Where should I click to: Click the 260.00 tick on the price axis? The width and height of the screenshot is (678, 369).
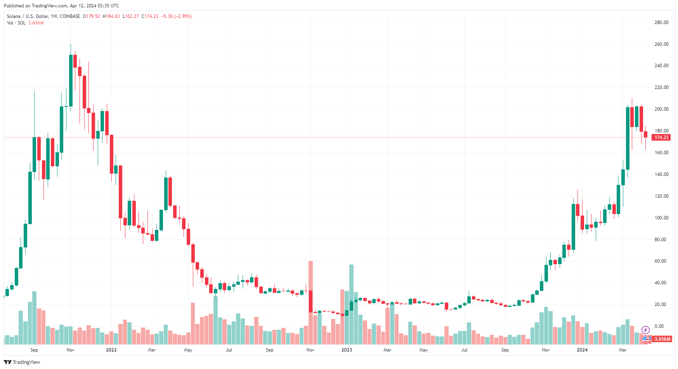click(661, 44)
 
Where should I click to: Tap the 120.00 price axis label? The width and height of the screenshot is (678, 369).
click(661, 196)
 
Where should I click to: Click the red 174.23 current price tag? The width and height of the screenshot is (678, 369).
click(661, 138)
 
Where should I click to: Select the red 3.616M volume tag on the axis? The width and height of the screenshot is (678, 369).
click(662, 339)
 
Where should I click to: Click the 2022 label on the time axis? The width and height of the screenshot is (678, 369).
click(111, 350)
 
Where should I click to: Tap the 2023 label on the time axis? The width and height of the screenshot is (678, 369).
click(347, 350)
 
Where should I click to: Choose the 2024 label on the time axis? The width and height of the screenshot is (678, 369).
click(582, 350)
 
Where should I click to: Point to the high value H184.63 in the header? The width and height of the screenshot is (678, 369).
click(111, 16)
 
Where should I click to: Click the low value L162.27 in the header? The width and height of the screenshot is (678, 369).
click(130, 16)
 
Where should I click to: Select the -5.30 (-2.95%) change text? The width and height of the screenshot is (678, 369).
click(177, 16)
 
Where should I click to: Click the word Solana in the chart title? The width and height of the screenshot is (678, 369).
click(14, 16)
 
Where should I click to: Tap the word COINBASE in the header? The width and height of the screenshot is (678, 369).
click(70, 16)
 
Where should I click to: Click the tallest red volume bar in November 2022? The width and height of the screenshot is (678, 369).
click(310, 303)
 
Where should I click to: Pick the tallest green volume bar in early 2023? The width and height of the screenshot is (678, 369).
click(351, 305)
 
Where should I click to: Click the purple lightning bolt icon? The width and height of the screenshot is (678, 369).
click(645, 330)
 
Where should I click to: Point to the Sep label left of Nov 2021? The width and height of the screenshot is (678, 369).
click(34, 350)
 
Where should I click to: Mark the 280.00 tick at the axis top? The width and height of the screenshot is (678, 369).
click(661, 23)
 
